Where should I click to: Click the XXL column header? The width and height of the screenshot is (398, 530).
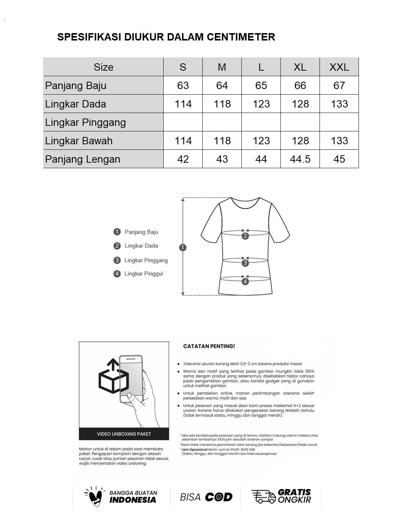tap(339, 67)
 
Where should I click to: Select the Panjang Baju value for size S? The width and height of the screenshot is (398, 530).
tap(183, 85)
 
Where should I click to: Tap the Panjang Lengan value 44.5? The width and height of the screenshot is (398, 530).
tap(300, 159)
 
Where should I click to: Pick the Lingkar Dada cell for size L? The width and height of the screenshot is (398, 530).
tap(261, 104)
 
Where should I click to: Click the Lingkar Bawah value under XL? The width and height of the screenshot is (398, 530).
tap(300, 141)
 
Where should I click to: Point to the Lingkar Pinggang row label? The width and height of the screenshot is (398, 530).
tap(85, 122)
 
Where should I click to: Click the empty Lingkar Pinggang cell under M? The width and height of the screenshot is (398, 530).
tap(222, 122)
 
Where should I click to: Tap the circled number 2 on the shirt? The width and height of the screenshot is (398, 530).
tap(245, 236)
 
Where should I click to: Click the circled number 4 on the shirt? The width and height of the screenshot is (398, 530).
tap(245, 282)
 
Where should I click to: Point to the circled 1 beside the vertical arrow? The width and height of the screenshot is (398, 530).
tap(183, 247)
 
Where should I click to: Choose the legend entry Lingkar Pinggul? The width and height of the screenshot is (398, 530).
tap(143, 273)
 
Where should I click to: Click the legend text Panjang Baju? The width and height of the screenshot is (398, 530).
tap(141, 232)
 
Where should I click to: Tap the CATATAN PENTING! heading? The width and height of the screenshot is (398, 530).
tap(209, 346)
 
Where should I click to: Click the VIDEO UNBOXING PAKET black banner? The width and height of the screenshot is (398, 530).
tap(124, 434)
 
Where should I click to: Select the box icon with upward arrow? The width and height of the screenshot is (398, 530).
tap(113, 377)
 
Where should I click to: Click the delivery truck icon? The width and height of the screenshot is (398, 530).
tap(263, 497)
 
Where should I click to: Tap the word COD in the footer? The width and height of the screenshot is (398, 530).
tap(219, 497)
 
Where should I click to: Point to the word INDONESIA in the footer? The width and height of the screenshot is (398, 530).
tap(133, 500)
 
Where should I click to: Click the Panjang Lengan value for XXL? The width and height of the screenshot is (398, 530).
tap(339, 159)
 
